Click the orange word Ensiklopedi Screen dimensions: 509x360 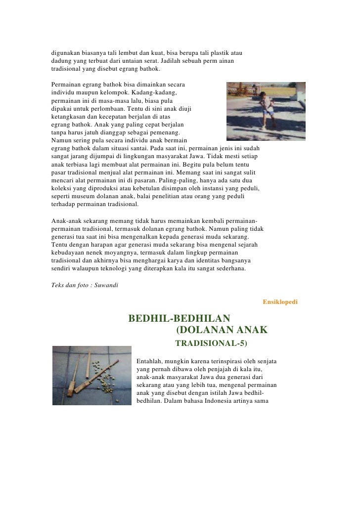(x=280, y=301)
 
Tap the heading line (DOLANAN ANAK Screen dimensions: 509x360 (x=222, y=330)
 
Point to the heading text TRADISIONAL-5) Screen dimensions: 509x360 (x=211, y=342)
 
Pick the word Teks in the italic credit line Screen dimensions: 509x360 (x=58, y=285)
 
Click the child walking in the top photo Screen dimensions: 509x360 (x=268, y=108)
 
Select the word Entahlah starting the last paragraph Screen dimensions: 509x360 (x=150, y=361)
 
